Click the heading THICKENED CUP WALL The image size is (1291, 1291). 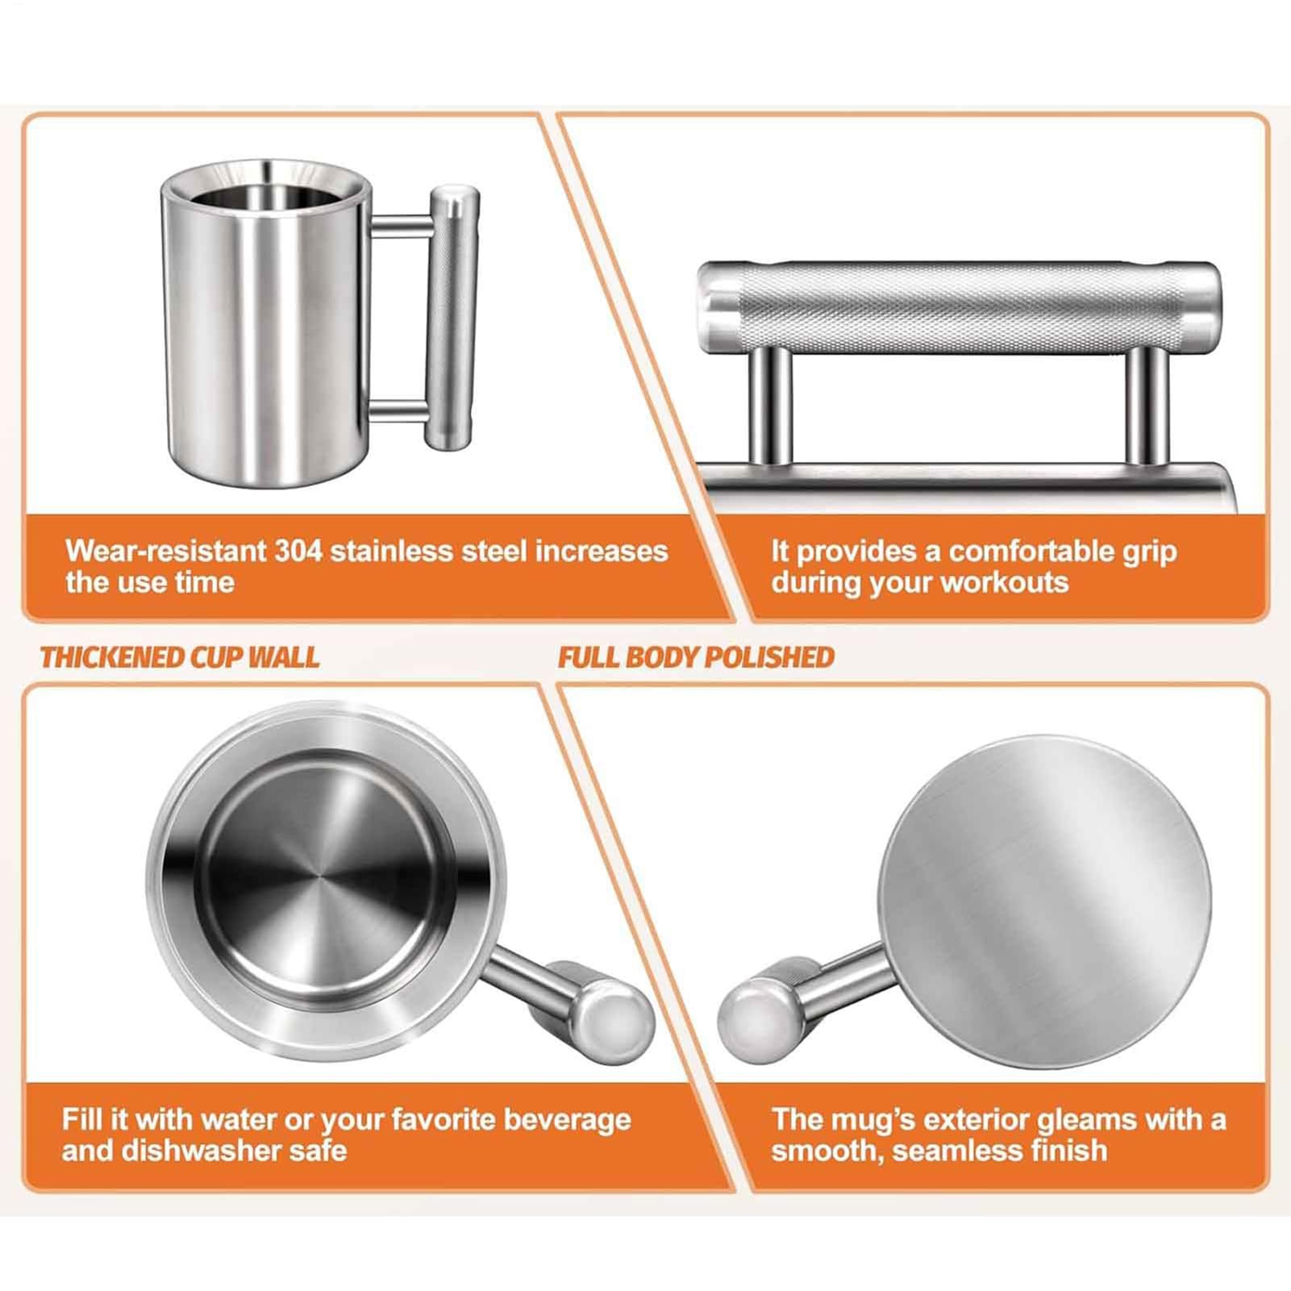[180, 657]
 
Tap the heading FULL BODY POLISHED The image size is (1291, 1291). [696, 657]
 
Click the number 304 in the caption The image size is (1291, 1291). [298, 552]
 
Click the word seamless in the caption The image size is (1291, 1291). [971, 1151]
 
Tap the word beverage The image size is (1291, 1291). [568, 1120]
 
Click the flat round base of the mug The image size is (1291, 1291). [1043, 902]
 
